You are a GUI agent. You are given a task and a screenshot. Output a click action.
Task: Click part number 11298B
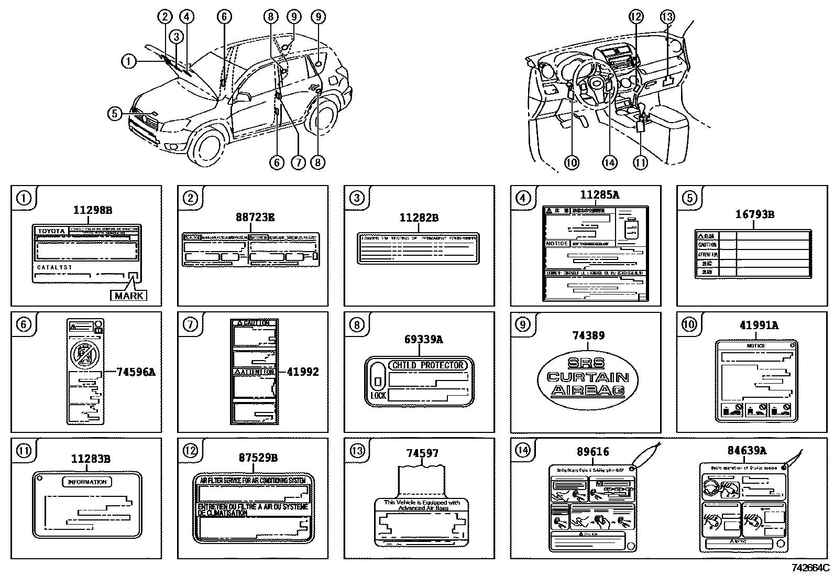[92, 210]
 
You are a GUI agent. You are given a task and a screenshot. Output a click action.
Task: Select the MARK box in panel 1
[128, 296]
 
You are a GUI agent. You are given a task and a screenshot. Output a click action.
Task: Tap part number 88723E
[255, 216]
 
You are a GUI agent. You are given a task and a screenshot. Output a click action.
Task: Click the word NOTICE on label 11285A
[556, 244]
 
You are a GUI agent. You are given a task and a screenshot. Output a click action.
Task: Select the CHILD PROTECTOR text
[427, 365]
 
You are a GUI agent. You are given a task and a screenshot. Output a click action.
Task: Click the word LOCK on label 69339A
[378, 396]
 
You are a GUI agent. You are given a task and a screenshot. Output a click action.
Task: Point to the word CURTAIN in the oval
[588, 377]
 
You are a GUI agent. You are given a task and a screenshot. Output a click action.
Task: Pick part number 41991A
[759, 325]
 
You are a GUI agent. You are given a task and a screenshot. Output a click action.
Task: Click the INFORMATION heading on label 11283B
[87, 482]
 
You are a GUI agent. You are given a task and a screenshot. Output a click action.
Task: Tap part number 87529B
[258, 458]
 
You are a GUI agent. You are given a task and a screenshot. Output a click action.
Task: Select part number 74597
[422, 453]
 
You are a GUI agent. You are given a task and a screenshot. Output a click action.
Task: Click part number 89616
[593, 452]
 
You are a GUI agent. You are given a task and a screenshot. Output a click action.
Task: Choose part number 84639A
[747, 450]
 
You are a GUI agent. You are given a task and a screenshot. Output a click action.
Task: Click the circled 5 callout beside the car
[115, 113]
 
